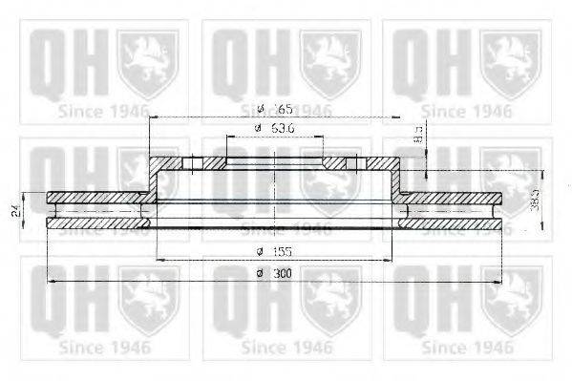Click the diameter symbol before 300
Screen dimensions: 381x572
click(259, 274)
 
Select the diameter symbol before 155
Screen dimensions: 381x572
click(259, 252)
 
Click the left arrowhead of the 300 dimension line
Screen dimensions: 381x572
click(52, 283)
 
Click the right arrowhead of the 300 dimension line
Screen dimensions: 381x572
click(498, 283)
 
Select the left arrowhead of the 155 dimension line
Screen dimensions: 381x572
click(158, 260)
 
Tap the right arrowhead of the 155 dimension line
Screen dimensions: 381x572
click(394, 260)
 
